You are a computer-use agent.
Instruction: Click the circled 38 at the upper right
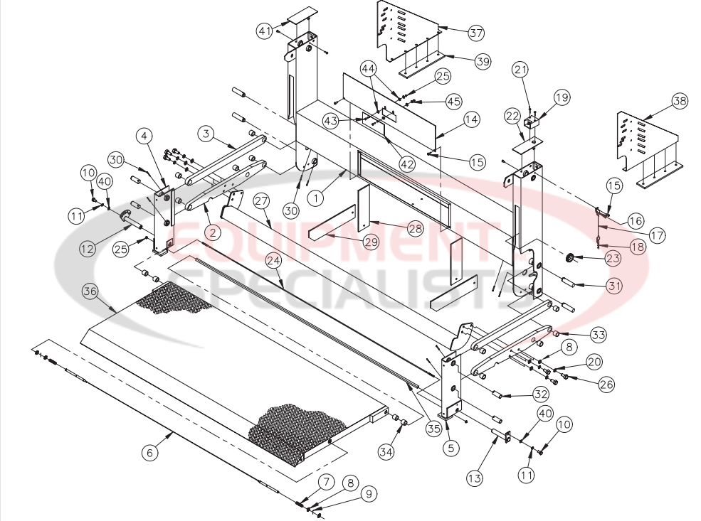click(x=679, y=102)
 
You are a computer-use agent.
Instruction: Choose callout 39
click(x=483, y=62)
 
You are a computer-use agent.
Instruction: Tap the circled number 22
click(x=512, y=117)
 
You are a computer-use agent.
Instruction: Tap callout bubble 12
click(x=87, y=248)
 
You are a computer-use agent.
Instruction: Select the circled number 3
click(x=205, y=134)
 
